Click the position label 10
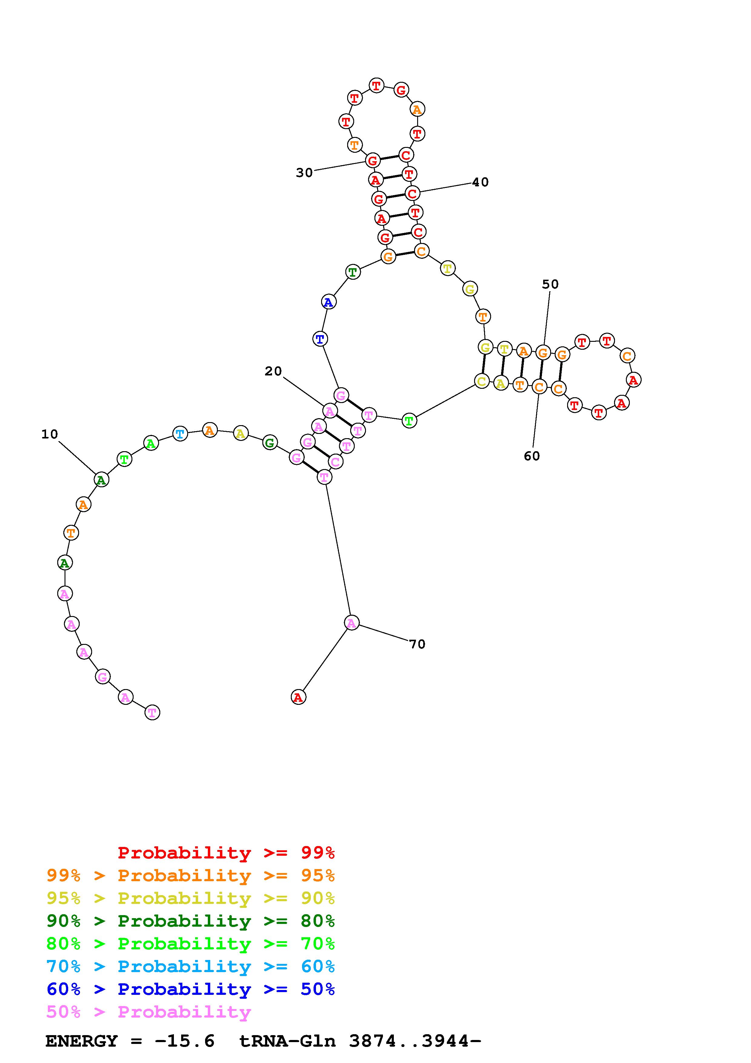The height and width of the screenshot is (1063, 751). tap(49, 434)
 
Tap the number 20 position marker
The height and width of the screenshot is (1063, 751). tap(273, 371)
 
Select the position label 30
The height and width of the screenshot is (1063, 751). tap(304, 173)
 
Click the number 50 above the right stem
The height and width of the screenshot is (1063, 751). tap(550, 284)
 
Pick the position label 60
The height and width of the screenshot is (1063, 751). tap(532, 456)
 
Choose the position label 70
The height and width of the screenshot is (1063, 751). tap(417, 644)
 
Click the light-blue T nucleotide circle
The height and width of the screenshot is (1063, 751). tap(180, 434)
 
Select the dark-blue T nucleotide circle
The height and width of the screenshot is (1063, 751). tap(320, 339)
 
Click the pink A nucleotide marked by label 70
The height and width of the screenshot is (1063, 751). tap(352, 623)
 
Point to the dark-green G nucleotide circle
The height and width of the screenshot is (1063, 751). tap(269, 443)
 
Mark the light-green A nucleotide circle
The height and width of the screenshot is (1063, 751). tap(151, 443)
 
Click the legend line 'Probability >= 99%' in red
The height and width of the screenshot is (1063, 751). tap(226, 853)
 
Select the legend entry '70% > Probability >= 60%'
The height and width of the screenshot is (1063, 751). tap(191, 967)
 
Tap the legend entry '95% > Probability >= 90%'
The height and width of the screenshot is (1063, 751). tap(191, 898)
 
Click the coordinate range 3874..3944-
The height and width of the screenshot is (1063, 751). tap(415, 1041)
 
